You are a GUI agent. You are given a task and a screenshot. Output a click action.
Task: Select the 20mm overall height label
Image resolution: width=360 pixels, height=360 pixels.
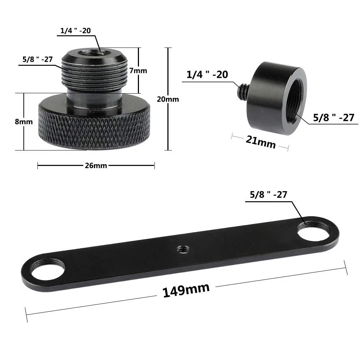168,99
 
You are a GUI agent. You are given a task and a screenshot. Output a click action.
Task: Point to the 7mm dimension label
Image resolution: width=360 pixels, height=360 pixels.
138,71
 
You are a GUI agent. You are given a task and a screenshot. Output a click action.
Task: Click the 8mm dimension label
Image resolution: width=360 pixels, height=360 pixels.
24,122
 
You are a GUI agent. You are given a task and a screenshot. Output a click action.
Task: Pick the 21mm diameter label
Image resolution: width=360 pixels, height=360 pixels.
260,141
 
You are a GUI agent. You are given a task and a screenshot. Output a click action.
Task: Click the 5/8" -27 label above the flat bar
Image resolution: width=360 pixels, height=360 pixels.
268,195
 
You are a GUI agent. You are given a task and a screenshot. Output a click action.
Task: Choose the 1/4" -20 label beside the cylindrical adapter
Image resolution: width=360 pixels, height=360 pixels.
207,75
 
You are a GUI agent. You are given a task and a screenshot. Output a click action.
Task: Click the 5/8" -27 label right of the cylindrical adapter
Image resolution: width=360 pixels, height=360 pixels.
333,117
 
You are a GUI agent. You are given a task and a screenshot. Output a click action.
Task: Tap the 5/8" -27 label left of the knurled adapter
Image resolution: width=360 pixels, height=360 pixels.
37,59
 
